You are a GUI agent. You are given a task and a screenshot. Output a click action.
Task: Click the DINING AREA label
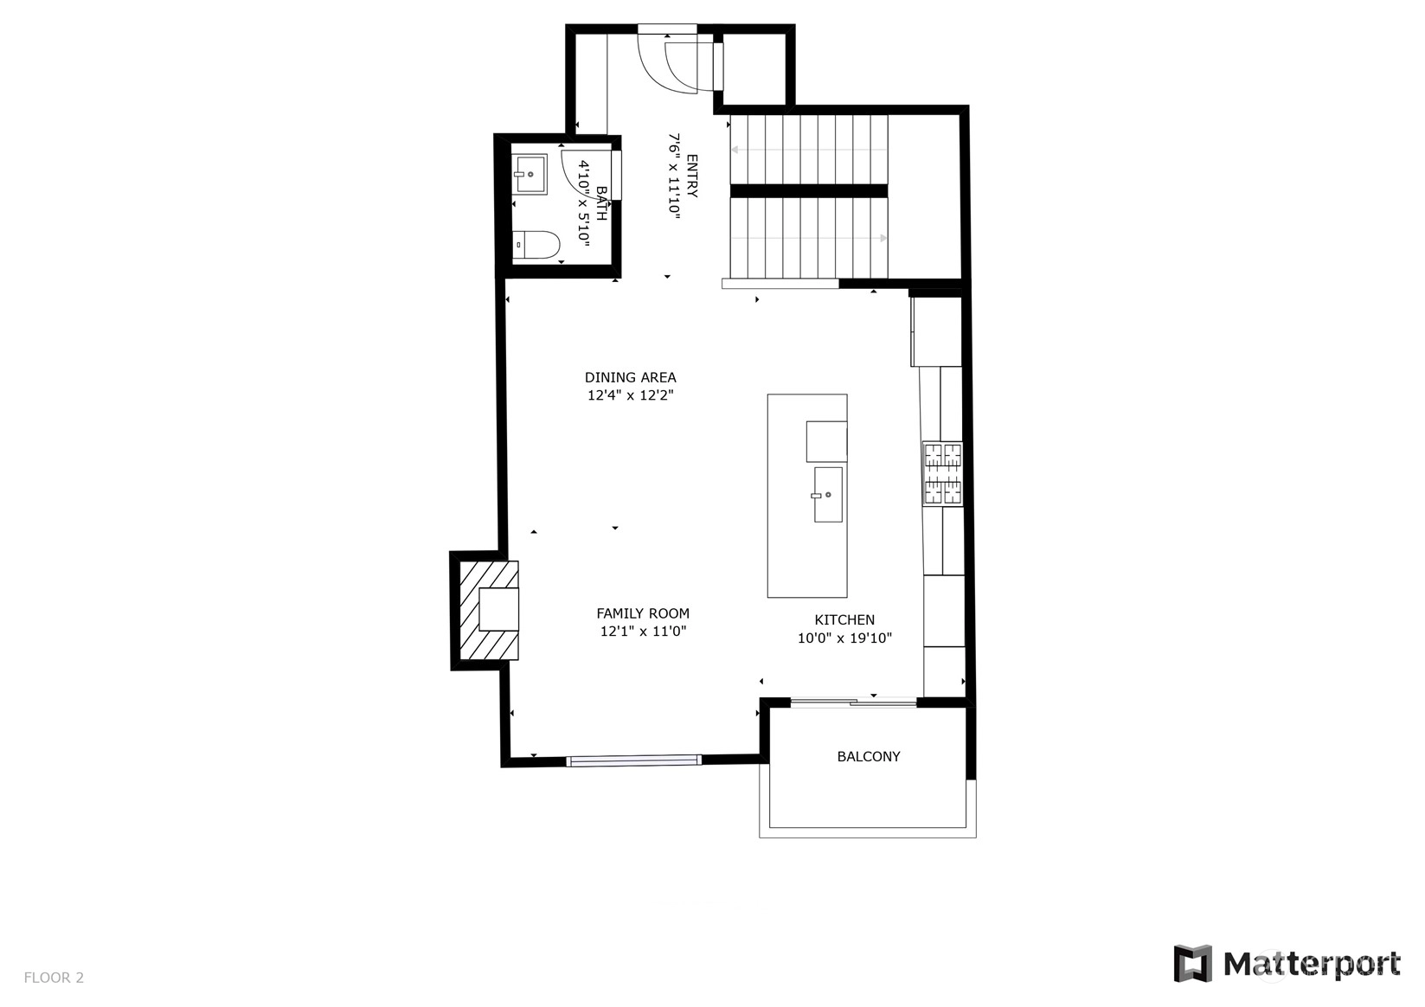click(630, 377)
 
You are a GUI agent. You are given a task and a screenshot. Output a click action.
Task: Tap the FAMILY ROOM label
click(643, 613)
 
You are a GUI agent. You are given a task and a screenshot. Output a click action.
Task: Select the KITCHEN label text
click(844, 619)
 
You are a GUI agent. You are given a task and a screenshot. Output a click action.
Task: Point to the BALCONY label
click(869, 756)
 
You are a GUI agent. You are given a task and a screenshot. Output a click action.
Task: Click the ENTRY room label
click(692, 176)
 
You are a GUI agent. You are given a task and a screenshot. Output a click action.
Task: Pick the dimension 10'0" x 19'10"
click(844, 638)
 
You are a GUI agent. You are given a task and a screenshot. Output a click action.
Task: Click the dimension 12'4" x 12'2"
click(630, 395)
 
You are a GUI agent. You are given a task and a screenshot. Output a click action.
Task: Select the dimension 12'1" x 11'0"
click(643, 631)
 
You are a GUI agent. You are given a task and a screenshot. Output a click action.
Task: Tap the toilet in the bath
click(536, 245)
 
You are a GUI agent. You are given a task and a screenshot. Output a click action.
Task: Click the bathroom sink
click(530, 174)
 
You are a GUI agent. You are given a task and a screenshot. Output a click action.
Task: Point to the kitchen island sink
click(828, 495)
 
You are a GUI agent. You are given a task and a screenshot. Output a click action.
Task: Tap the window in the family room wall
click(633, 760)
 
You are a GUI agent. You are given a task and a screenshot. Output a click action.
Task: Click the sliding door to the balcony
click(853, 702)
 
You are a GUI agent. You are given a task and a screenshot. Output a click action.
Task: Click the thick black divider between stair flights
click(809, 191)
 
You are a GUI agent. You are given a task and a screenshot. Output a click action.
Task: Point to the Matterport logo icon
click(1193, 964)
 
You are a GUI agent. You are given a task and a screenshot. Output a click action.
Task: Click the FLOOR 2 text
click(54, 978)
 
